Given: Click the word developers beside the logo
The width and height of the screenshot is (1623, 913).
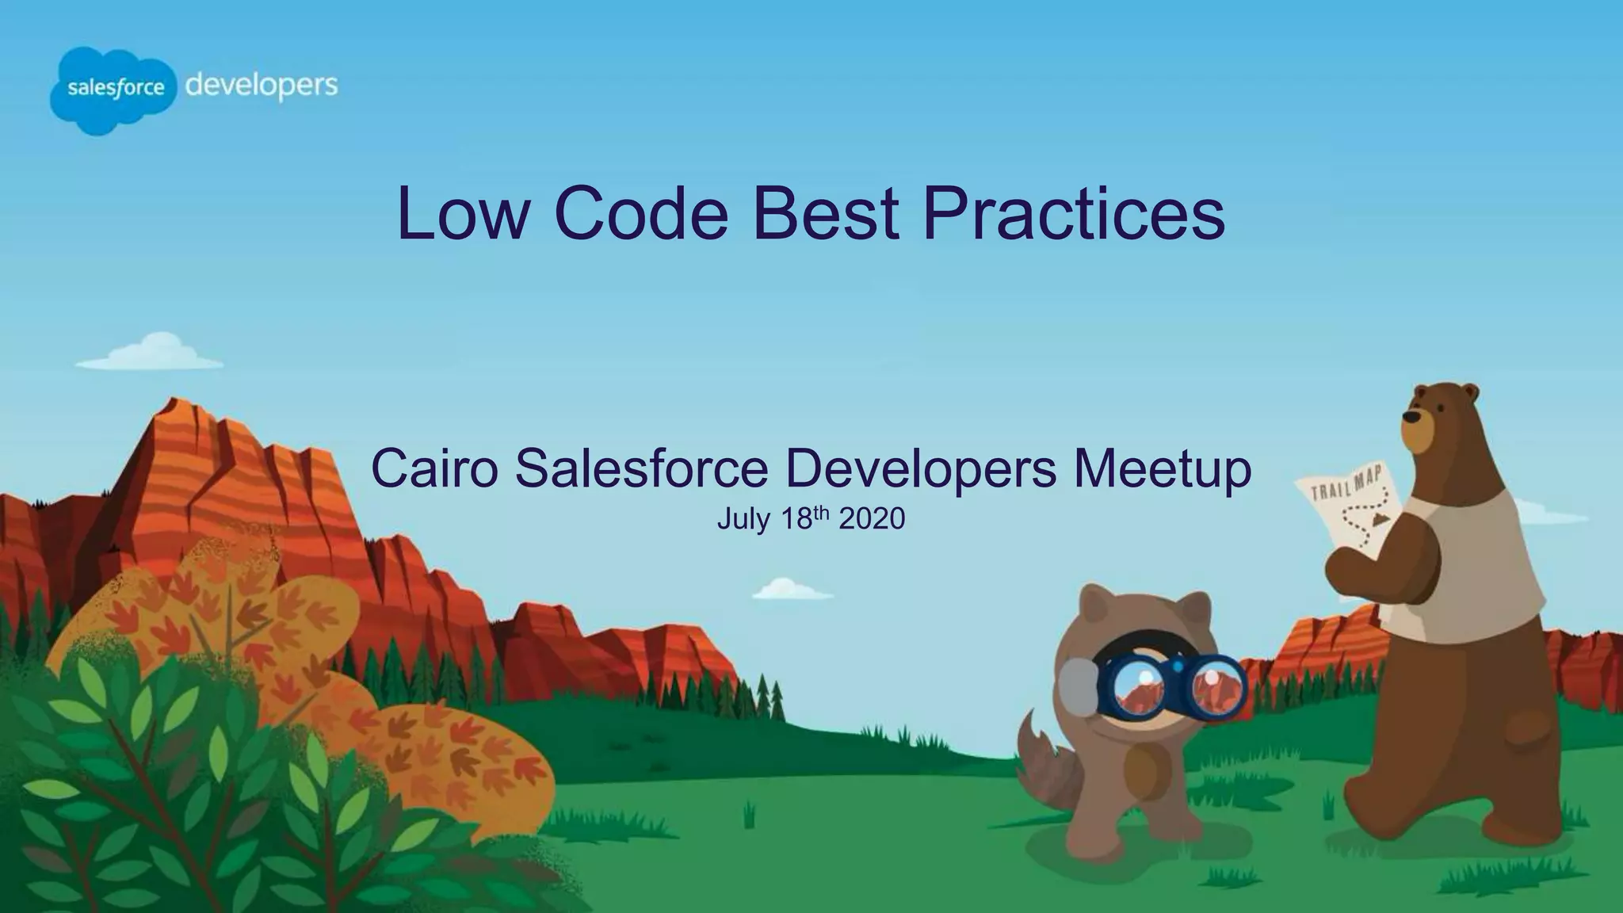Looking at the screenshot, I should [262, 86].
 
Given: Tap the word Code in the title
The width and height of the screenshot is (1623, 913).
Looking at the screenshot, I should [640, 214].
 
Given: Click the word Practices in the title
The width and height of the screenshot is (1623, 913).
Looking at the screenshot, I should [1074, 214].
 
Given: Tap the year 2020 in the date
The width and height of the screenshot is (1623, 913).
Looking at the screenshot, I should [872, 519].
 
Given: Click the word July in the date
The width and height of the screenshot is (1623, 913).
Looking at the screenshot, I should [743, 519].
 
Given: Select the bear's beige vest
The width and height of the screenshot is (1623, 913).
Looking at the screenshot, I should [1474, 571].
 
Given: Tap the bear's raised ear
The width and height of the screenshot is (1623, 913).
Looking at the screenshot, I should [1468, 393].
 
